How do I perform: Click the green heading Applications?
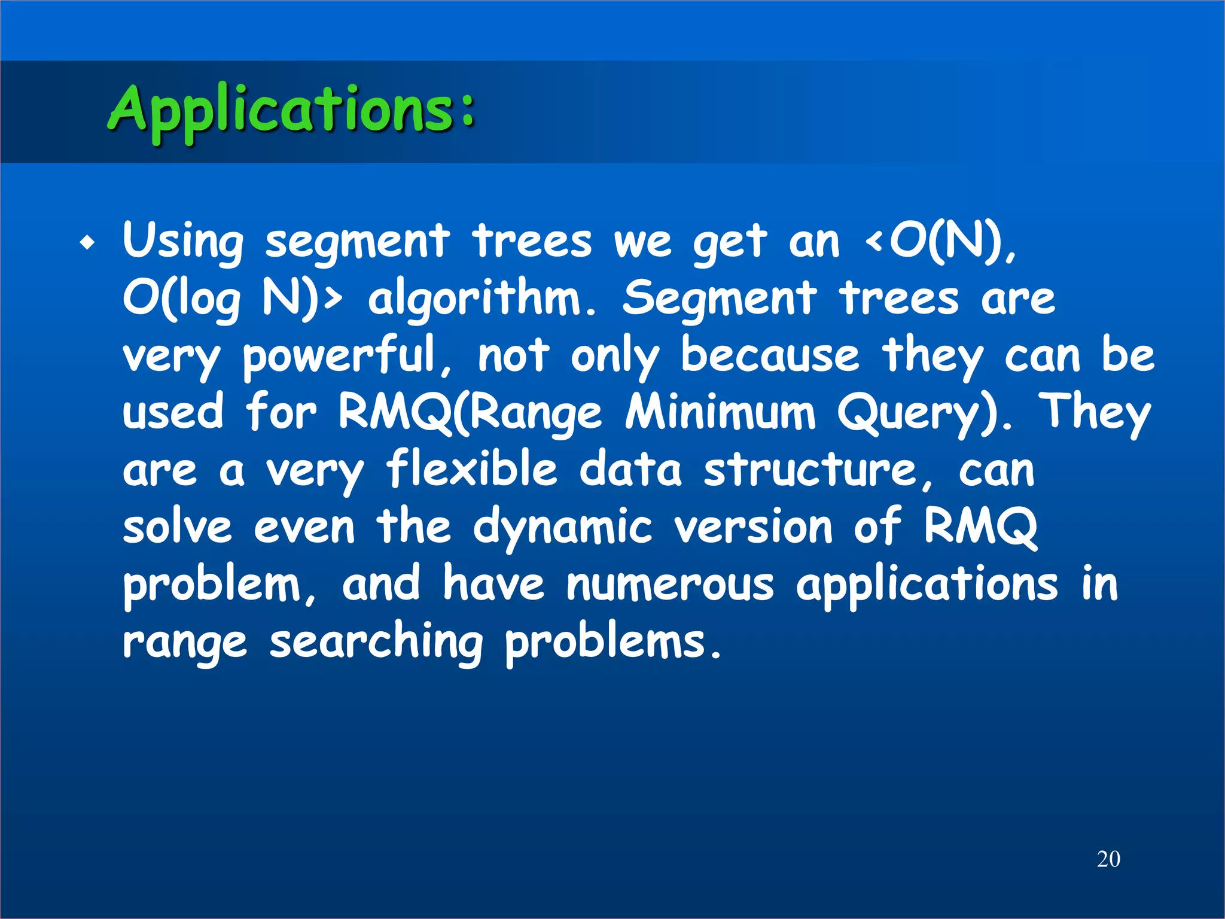(292, 111)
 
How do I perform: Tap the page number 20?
(1108, 859)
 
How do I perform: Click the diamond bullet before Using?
(88, 244)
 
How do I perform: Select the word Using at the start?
(183, 242)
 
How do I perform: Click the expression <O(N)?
(940, 242)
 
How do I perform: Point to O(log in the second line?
(182, 299)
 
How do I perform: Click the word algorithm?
(482, 299)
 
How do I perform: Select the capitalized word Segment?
(719, 299)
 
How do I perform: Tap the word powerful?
(347, 357)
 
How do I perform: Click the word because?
(770, 355)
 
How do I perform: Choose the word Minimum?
(720, 413)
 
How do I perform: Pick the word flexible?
(471, 470)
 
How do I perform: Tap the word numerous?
(670, 585)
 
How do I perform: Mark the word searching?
(376, 644)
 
